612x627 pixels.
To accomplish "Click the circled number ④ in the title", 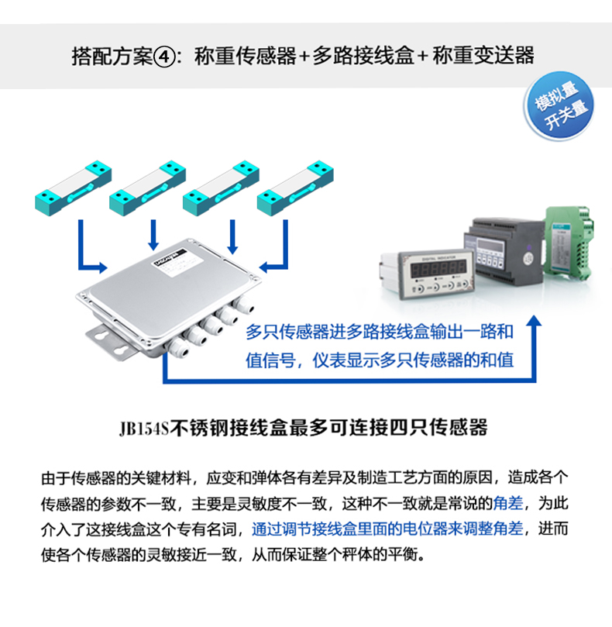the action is (x=164, y=57).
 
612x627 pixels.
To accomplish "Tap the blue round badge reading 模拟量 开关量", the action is (x=559, y=106).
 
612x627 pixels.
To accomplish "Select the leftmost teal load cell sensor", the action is (x=73, y=188).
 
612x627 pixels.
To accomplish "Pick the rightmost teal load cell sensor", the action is (x=295, y=188).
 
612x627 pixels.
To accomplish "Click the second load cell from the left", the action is (x=147, y=188).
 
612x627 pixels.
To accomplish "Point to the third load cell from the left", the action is (x=221, y=188).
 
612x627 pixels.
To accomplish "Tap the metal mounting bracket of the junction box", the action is (x=112, y=341).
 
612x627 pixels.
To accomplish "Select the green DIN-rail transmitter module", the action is (x=569, y=243).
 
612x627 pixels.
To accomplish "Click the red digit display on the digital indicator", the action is (x=438, y=269).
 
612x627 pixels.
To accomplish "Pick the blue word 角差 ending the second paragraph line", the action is (x=508, y=503).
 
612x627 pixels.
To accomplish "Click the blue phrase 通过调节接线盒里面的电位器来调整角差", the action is (x=387, y=529).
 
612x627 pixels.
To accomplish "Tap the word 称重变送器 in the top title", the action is (x=483, y=56).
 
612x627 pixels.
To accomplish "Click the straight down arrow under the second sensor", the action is (x=153, y=235).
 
